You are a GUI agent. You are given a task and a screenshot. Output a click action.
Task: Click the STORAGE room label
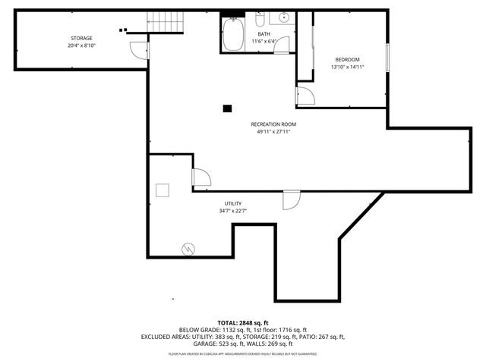pos(82,38)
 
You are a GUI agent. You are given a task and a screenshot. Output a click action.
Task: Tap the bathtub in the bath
pos(232,34)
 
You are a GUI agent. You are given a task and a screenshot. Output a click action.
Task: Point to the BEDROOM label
pos(347,59)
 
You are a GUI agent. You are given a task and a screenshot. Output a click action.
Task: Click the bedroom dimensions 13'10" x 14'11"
pos(347,67)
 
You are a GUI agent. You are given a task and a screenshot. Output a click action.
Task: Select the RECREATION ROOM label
pos(273,124)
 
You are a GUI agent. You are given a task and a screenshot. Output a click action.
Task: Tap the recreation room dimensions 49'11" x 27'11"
pos(273,131)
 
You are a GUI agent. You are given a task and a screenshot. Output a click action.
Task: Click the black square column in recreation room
pos(227,108)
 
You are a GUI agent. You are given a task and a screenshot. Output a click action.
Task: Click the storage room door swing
pos(138,50)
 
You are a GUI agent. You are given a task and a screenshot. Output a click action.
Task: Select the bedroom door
pos(305,96)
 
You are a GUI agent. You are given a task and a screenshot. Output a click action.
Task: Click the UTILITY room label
pos(232,203)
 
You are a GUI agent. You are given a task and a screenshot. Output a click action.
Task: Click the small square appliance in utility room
pos(163,190)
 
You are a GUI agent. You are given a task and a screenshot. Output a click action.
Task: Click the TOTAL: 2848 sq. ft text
pos(243,322)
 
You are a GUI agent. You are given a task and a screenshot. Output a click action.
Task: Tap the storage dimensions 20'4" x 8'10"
pos(82,45)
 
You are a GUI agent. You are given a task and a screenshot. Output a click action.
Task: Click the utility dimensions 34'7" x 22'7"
pos(232,211)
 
